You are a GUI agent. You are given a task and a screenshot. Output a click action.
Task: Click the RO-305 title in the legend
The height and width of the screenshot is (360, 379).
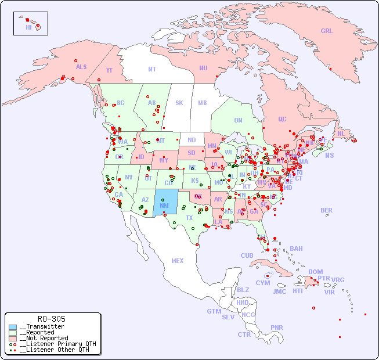coord(51,319)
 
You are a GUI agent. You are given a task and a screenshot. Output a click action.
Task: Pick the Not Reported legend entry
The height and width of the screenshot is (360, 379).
coord(43,338)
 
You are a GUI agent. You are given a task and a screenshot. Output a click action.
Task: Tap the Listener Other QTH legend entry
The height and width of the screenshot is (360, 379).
coord(53,350)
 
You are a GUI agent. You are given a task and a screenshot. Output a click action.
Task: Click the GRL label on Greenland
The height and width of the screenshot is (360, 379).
coord(327,31)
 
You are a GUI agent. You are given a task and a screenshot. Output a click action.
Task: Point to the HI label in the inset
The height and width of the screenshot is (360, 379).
coord(28,27)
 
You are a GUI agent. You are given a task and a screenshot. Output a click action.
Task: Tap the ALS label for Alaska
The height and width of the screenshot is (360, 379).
coord(81,67)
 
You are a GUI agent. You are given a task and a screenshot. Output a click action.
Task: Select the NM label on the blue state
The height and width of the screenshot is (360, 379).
coord(164,205)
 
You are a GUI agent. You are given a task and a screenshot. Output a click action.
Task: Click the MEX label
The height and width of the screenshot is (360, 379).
coord(178,261)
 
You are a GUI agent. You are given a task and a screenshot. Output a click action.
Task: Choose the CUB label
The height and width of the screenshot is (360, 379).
coord(247,255)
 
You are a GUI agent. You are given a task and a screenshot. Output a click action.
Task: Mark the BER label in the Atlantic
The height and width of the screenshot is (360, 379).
coord(326,210)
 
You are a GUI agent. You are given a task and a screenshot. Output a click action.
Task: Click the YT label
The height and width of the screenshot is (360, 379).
coord(109,70)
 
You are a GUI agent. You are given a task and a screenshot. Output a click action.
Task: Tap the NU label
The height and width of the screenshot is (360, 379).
coord(203,68)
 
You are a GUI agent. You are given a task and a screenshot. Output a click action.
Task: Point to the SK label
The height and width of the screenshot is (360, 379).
coord(179,103)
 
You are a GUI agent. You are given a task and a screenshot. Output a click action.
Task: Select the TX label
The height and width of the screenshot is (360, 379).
coord(189,218)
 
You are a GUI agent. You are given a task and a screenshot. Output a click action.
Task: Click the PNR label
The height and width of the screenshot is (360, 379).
coord(277,327)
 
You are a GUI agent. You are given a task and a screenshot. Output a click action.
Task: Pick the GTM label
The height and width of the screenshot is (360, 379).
coord(214,311)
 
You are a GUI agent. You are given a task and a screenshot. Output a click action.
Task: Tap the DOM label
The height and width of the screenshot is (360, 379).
coord(315,272)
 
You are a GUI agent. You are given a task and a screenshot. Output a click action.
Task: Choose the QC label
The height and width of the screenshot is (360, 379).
coord(282,119)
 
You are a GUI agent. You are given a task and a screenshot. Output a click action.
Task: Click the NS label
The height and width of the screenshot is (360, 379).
coord(329,155)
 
